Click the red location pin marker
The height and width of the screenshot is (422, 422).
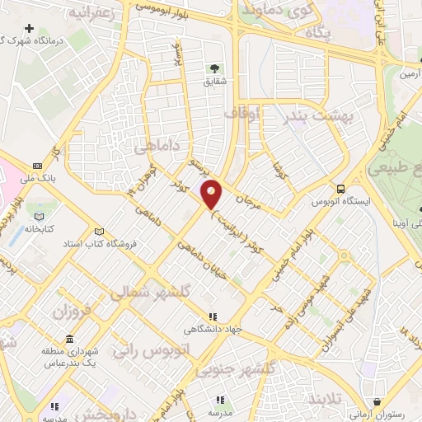pos(212,195)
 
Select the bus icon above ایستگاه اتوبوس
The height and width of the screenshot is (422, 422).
pos(340,188)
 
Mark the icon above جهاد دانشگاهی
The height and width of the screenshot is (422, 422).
pos(213,316)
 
